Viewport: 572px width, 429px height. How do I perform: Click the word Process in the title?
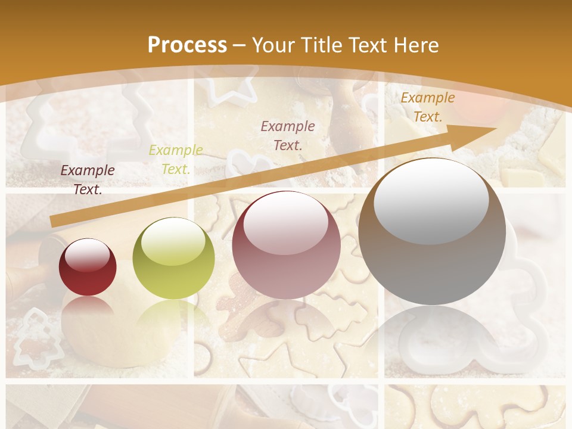[187, 45]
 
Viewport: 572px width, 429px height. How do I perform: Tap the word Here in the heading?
[415, 45]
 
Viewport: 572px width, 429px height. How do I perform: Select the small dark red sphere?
[88, 267]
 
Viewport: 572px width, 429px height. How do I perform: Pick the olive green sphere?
[173, 258]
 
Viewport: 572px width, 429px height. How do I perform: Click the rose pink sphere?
[286, 245]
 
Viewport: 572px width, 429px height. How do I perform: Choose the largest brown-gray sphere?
[432, 231]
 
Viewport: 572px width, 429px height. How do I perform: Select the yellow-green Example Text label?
[176, 160]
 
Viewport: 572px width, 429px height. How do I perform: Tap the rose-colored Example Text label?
[288, 136]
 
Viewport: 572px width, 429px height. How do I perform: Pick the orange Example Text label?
[427, 107]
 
